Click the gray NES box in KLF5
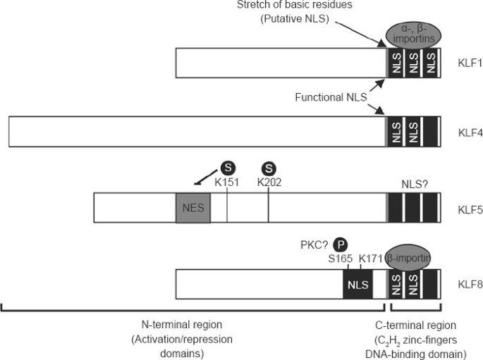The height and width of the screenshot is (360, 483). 192,209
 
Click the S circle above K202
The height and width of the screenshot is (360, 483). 268,168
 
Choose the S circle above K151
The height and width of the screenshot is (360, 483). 227,168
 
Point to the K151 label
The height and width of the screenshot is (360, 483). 227,182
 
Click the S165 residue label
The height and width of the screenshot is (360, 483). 339,259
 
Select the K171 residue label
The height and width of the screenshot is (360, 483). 369,259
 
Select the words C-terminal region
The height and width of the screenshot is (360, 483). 416,325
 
